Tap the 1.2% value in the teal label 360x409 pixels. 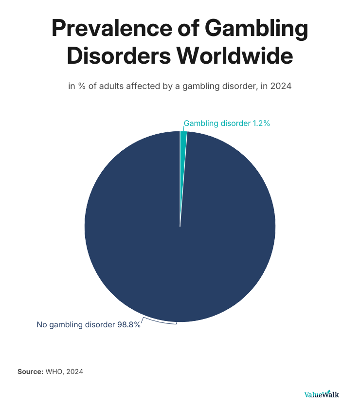click(x=261, y=124)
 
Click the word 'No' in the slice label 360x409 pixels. click(x=42, y=324)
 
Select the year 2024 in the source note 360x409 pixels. click(x=75, y=372)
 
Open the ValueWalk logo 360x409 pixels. click(x=321, y=394)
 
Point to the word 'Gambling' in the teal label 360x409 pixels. click(x=199, y=124)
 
